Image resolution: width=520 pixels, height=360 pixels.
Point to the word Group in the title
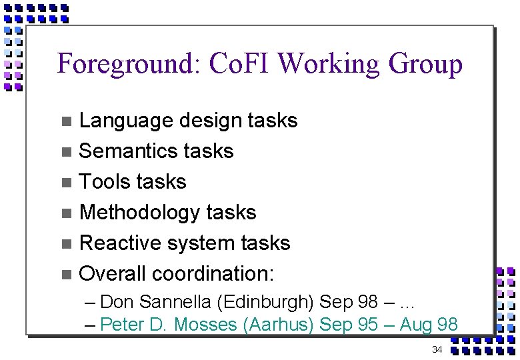(x=425, y=65)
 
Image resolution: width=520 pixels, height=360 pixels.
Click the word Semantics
(x=124, y=151)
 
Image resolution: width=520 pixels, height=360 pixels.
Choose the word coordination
(x=213, y=273)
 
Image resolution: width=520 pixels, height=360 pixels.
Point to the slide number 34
(x=437, y=350)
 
